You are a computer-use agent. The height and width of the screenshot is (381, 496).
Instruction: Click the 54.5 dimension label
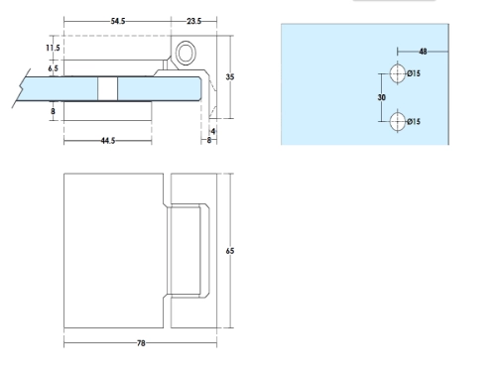click(x=118, y=21)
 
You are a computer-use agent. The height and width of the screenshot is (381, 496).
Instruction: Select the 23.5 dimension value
click(x=193, y=21)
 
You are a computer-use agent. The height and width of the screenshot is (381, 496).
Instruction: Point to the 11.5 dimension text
click(x=53, y=48)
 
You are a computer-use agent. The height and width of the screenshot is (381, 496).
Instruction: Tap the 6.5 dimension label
click(x=53, y=68)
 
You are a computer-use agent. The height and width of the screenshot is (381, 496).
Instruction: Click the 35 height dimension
click(x=230, y=77)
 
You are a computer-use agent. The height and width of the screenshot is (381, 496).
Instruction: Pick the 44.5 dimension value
click(x=108, y=141)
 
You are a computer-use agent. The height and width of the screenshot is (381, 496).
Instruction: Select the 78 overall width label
click(x=141, y=343)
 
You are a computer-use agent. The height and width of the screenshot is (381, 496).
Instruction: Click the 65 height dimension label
click(x=230, y=251)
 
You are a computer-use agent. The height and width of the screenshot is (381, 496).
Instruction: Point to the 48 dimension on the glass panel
click(x=423, y=52)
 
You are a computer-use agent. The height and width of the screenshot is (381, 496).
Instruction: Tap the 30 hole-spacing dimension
click(x=382, y=97)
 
